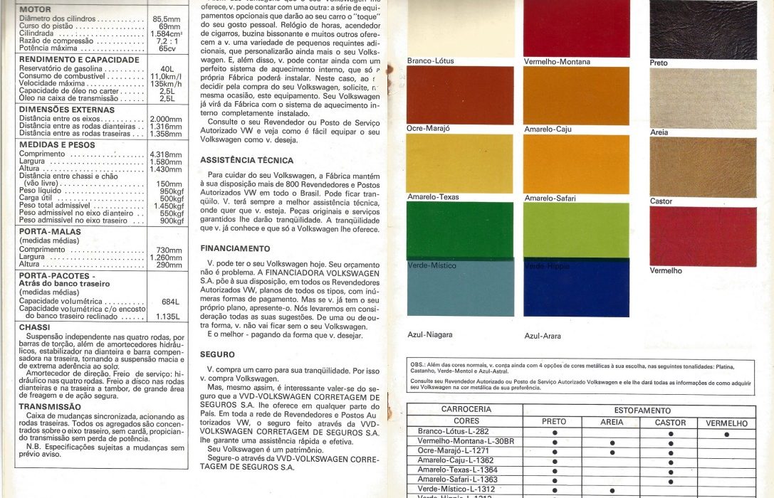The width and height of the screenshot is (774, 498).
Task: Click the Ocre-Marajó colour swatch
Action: [459, 95]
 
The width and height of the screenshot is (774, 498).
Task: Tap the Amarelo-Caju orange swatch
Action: [576, 95]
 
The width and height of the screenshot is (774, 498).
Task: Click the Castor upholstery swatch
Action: [702, 167]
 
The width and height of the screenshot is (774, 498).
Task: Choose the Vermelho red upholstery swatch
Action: [702, 236]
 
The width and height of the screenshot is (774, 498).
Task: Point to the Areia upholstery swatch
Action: [702, 98]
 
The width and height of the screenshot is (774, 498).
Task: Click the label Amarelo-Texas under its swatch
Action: [433, 197]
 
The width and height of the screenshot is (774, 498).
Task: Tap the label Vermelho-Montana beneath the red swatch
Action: [557, 62]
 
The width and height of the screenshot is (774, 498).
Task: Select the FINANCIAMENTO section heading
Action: [235, 249]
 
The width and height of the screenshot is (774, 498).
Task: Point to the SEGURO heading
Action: [217, 354]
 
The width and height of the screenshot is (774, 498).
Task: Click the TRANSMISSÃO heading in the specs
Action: [50, 407]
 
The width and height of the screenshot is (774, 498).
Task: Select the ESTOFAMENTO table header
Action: [642, 410]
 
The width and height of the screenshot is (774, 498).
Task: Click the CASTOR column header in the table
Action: [670, 423]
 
